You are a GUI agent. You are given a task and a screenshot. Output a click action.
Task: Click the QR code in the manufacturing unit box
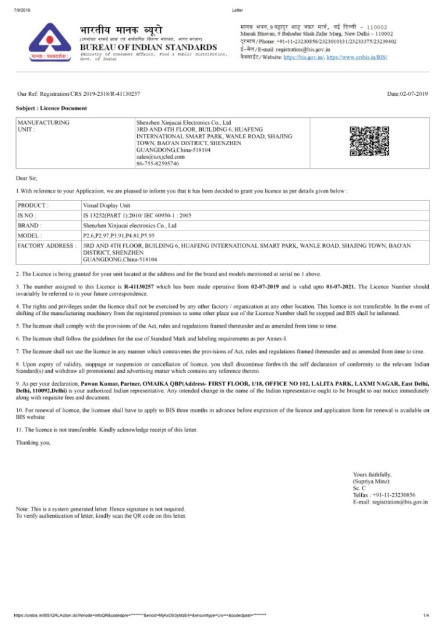[x=365, y=141]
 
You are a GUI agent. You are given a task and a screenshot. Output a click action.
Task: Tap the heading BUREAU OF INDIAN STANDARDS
[x=148, y=47]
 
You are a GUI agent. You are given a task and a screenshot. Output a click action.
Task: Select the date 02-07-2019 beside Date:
[x=413, y=93]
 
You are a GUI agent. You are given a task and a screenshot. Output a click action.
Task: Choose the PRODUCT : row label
[x=33, y=205]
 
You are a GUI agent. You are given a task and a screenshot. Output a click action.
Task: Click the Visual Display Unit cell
[x=106, y=205]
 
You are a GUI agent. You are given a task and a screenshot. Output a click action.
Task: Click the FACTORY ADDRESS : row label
[x=47, y=246]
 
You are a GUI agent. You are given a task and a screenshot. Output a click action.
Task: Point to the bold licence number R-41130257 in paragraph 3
[x=138, y=287]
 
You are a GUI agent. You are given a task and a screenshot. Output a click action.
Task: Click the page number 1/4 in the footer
[x=426, y=616]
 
